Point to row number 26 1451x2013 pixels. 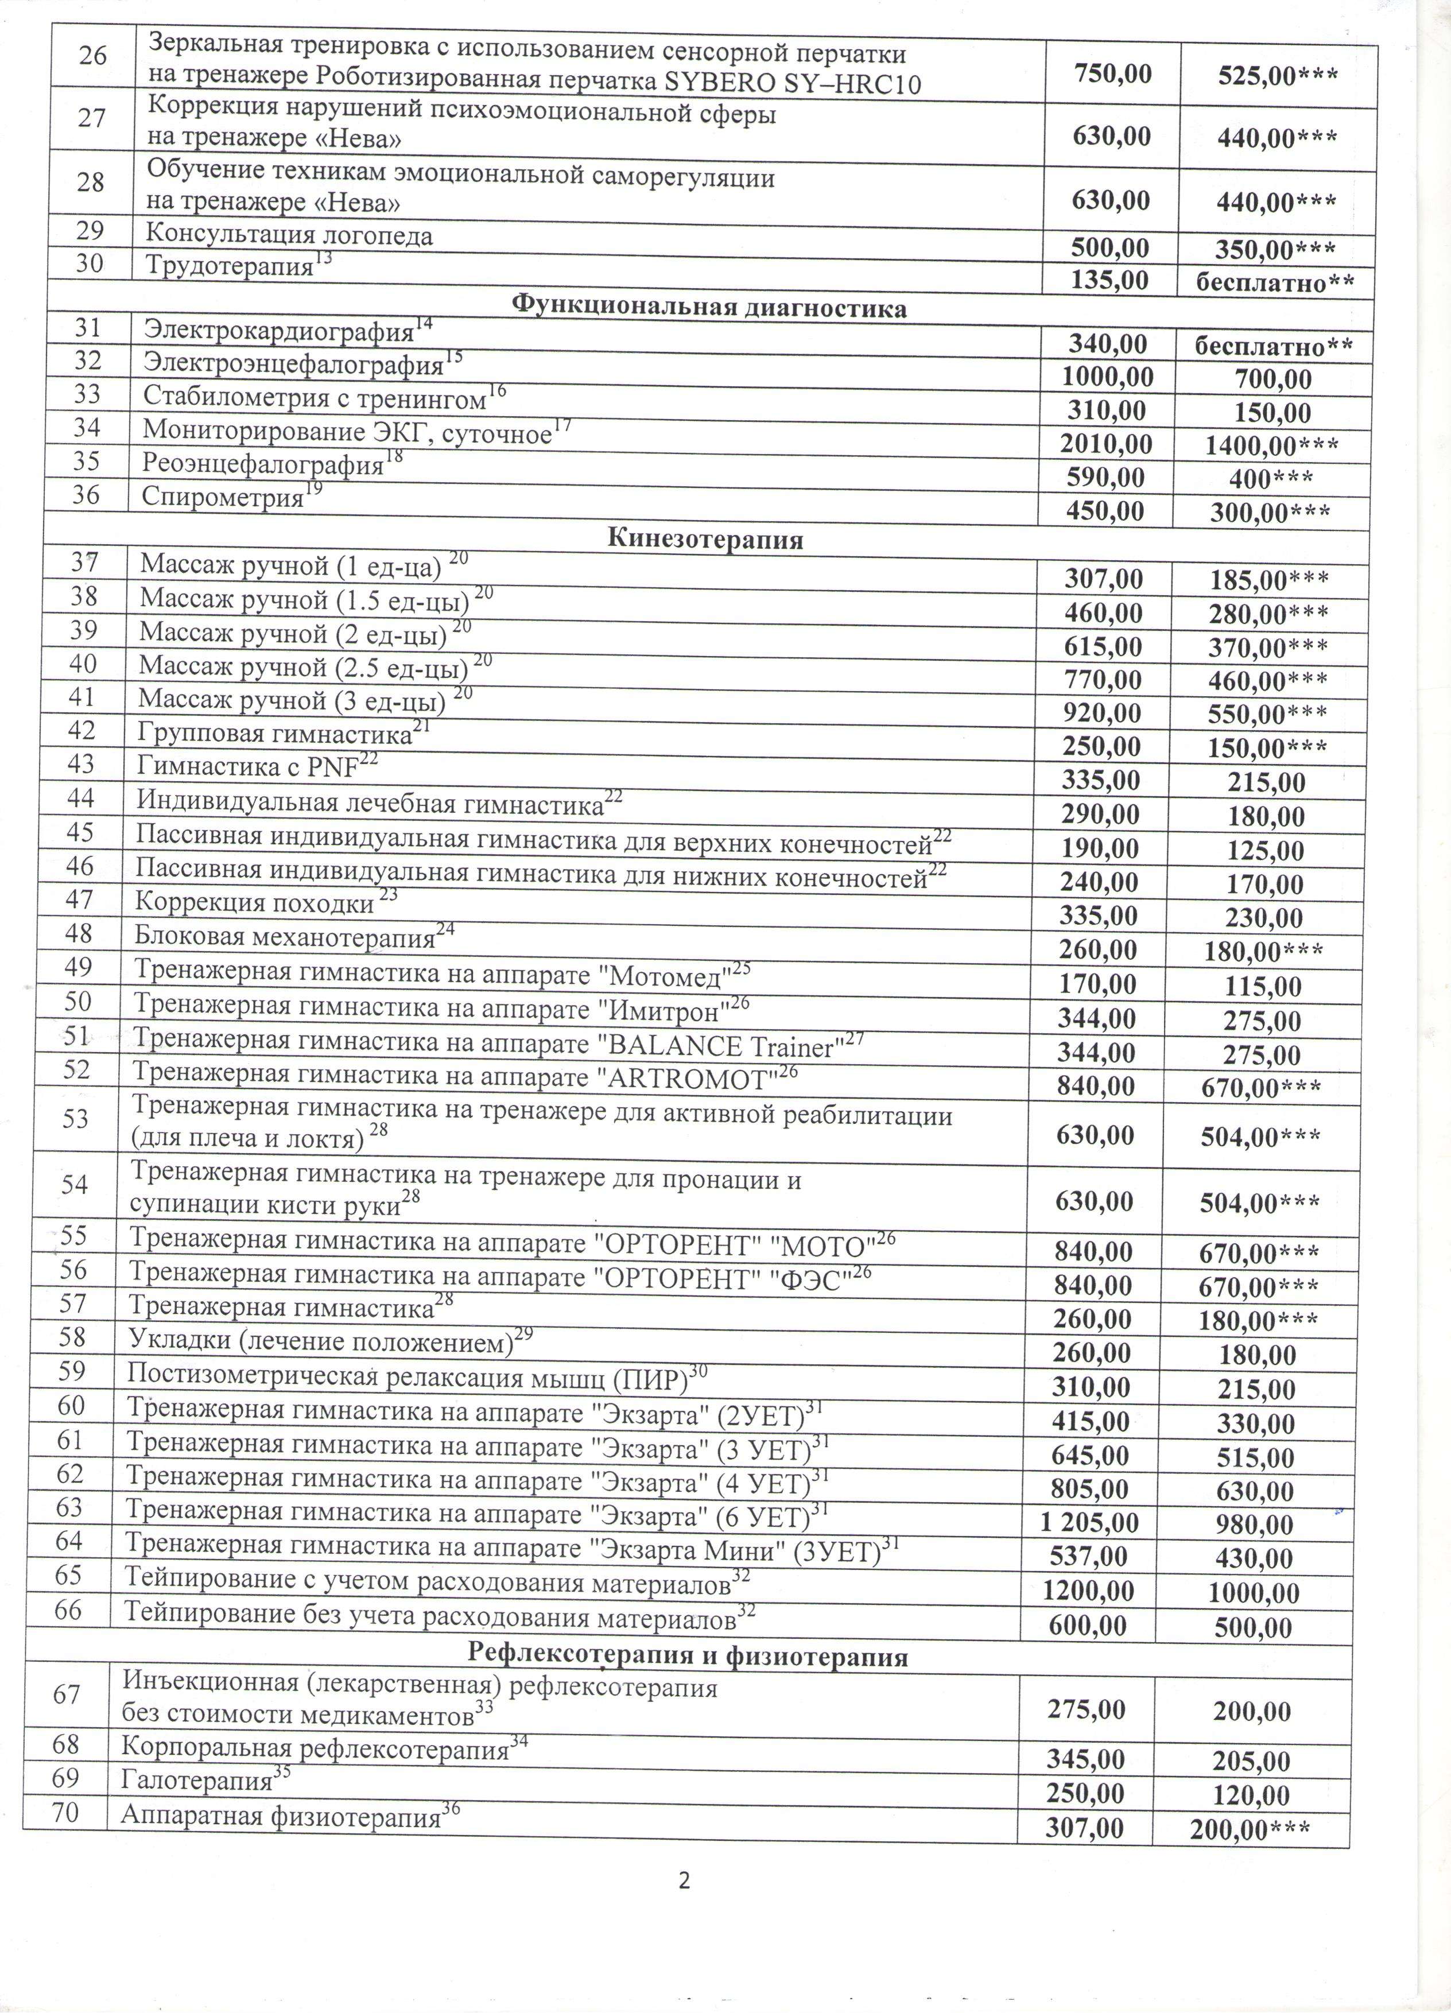tap(92, 56)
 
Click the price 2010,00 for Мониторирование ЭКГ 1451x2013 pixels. tap(1107, 444)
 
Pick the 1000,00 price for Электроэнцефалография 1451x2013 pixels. tap(1108, 377)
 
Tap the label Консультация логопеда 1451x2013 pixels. tap(289, 235)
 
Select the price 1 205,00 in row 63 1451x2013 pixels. tap(1089, 1523)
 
